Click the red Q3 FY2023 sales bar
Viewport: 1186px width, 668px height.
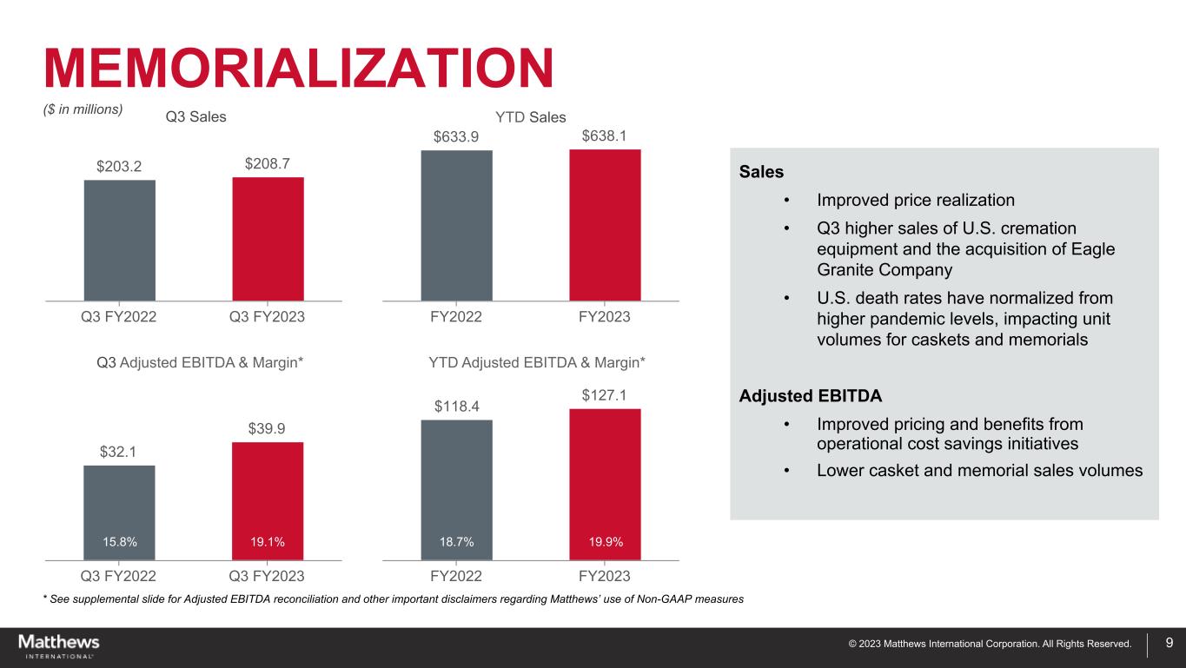click(268, 239)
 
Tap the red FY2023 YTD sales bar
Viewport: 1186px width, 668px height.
click(605, 225)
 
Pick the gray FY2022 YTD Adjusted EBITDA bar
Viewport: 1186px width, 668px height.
click(456, 486)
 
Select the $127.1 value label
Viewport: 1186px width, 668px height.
click(605, 395)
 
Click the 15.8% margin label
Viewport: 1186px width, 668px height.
click(120, 542)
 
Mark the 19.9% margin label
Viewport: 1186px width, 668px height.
click(605, 542)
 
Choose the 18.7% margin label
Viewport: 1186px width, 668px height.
click(457, 542)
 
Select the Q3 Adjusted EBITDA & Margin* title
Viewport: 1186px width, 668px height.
click(200, 361)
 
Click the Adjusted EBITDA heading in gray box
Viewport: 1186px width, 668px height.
click(810, 396)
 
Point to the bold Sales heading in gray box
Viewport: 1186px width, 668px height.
click(761, 172)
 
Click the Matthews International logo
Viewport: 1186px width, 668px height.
click(59, 646)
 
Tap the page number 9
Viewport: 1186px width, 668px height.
click(1169, 644)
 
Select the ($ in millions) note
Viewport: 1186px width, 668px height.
click(83, 109)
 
